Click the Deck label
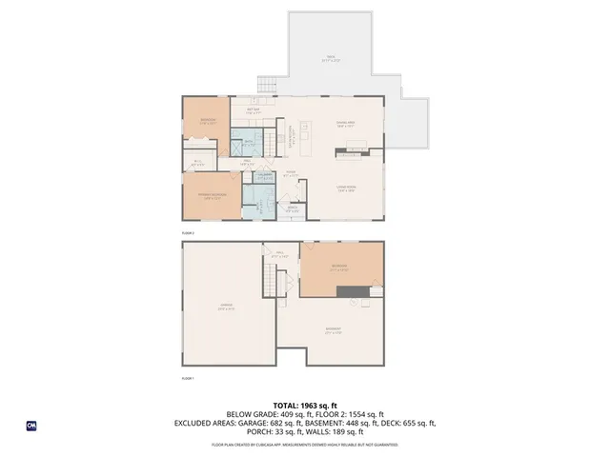tap(331, 59)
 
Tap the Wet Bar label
tap(254, 111)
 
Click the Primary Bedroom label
tap(210, 196)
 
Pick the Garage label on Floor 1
tap(227, 308)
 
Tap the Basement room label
tap(334, 331)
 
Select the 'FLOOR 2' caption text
tap(188, 232)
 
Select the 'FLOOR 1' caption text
tap(188, 379)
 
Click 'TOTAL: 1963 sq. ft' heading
tap(305, 405)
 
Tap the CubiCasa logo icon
tap(31, 426)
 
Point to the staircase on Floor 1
tap(273, 282)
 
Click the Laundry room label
tap(264, 176)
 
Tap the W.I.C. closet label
tap(197, 163)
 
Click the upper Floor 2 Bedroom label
tap(208, 121)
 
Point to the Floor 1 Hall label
tap(279, 254)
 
